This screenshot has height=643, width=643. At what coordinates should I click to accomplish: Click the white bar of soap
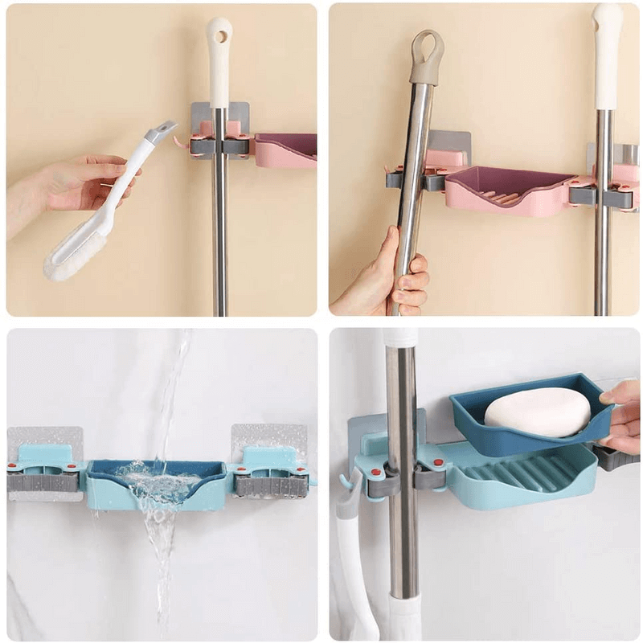point(537,411)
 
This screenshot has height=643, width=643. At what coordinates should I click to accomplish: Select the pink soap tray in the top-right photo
point(506,192)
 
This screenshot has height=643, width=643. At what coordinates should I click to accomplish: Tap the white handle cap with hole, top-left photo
point(219,48)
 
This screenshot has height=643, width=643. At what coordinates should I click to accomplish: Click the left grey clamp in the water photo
point(43,481)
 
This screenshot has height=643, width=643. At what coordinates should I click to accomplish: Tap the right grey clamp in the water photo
point(270,485)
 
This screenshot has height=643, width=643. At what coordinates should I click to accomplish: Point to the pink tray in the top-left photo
point(285,149)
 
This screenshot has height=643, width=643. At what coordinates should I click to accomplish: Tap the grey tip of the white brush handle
point(161,129)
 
